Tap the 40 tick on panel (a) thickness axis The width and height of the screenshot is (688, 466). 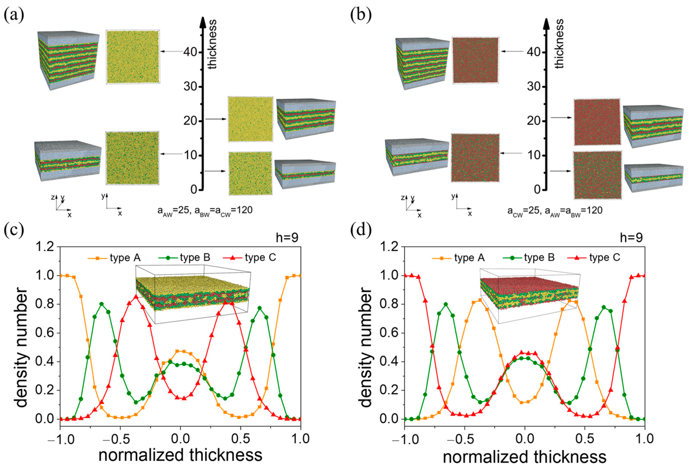pos(190,52)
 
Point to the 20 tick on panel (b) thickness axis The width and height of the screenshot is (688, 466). pos(534,121)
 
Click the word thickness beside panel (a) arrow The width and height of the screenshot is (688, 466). pos(212,45)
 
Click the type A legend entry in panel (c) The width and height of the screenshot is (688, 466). pos(114,258)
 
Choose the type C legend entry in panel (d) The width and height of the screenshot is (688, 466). pos(594,258)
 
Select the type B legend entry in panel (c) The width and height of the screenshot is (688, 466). pos(184,258)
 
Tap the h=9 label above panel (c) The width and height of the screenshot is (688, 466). pos(287,237)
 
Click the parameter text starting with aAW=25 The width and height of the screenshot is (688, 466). pos(205,211)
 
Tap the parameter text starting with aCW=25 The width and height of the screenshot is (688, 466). pos(555,211)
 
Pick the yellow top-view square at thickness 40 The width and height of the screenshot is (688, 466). pos(133,57)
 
